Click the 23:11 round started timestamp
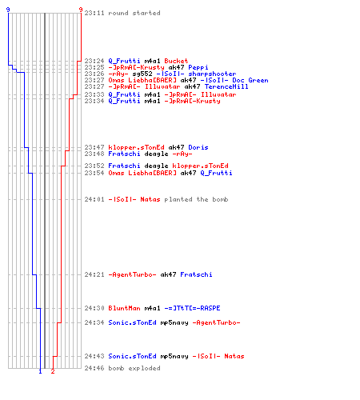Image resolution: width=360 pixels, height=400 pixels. tap(94, 13)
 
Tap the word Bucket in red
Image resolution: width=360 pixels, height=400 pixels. tap(176, 61)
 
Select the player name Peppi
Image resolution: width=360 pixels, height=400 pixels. tap(198, 67)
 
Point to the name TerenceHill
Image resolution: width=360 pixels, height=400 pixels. tap(226, 86)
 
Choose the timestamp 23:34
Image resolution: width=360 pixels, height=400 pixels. tap(94, 101)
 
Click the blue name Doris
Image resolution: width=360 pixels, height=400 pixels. tap(198, 147)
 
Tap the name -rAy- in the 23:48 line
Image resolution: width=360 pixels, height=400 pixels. tap(182, 154)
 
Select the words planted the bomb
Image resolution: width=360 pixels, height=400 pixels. tap(196, 199)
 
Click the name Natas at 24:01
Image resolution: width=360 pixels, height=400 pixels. tap(150, 199)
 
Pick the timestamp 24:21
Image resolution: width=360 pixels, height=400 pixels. tap(94, 274)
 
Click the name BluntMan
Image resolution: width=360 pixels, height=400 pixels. tap(124, 308)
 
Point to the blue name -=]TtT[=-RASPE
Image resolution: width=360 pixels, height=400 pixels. tap(192, 308)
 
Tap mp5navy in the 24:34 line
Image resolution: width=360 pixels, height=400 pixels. tap(174, 323)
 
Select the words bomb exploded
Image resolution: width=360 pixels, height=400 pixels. tap(134, 368)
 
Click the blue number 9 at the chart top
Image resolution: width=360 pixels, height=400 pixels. tap(8, 10)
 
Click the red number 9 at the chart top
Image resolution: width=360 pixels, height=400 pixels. tap(81, 10)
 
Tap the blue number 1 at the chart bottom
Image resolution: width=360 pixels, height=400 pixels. tap(40, 371)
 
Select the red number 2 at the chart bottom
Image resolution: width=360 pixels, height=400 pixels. tap(53, 371)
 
